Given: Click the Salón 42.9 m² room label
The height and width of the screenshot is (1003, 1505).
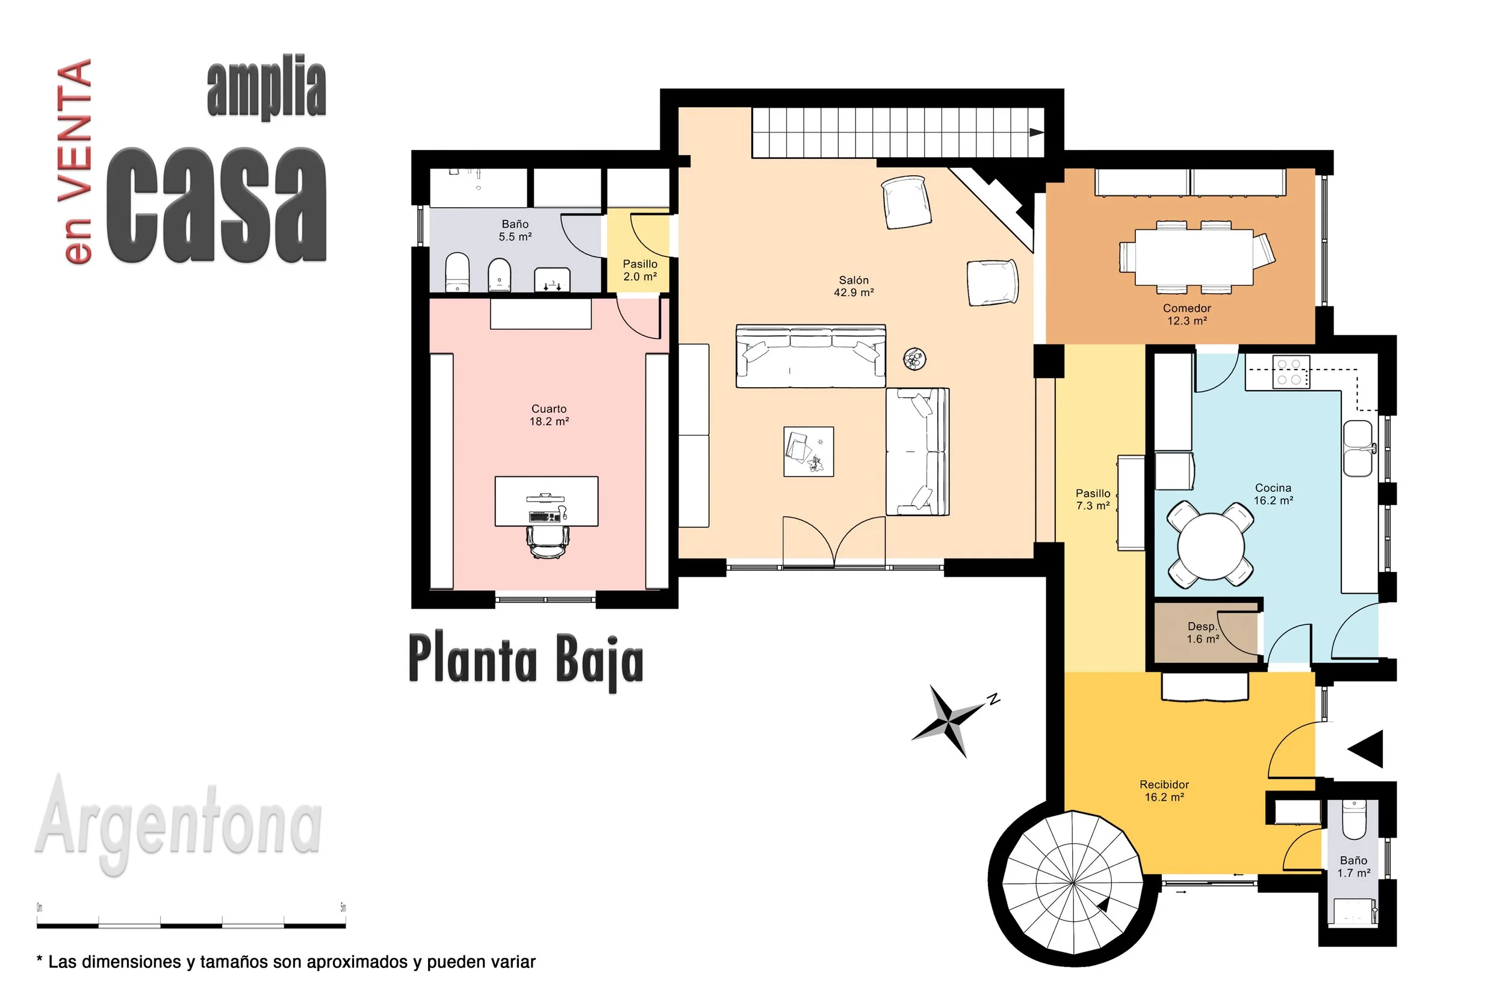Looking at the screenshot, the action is click(853, 286).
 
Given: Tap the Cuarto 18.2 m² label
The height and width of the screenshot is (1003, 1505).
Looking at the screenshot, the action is click(549, 414).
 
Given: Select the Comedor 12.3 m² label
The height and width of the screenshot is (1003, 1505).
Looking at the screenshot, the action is click(1187, 314).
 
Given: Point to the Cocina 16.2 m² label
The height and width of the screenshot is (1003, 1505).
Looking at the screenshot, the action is click(1273, 494).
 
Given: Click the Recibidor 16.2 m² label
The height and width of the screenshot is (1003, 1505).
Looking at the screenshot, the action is click(1164, 790).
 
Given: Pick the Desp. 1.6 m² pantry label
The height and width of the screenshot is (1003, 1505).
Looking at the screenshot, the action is click(1202, 633).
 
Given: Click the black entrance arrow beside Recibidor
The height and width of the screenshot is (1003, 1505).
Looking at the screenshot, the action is click(1365, 748).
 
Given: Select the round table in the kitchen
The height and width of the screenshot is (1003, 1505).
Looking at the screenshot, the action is click(1211, 545).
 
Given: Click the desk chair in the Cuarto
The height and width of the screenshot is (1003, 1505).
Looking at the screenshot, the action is click(547, 542).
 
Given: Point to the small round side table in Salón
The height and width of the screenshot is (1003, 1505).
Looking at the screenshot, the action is click(914, 358).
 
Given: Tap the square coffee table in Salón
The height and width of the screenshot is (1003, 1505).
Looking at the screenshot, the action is click(808, 452).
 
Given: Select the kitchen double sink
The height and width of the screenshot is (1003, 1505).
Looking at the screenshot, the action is click(1358, 448).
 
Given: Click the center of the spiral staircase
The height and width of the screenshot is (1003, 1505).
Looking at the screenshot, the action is click(1072, 883).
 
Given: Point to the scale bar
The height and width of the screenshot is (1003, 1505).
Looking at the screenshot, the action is click(191, 925).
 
